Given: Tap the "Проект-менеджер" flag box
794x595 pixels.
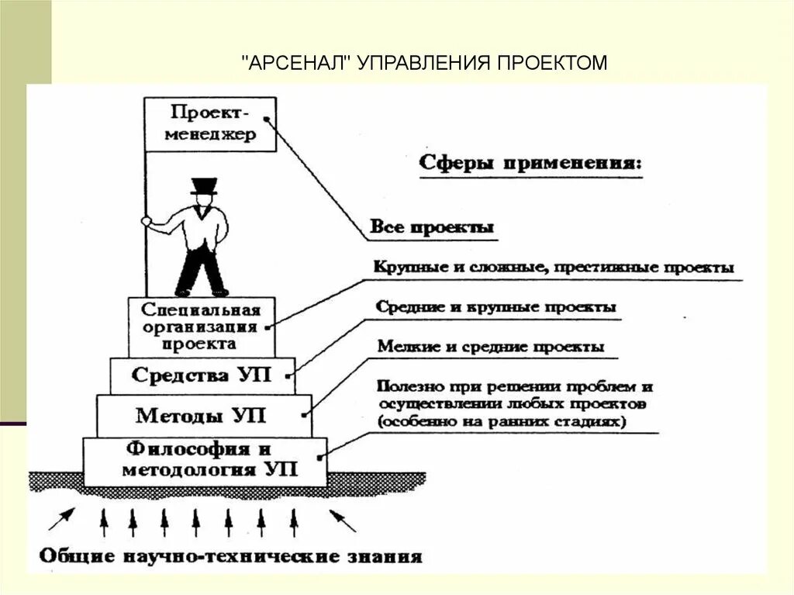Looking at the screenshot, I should [x=209, y=124].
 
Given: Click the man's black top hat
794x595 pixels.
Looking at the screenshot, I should [x=204, y=186].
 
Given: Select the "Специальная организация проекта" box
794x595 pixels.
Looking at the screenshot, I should [x=201, y=326].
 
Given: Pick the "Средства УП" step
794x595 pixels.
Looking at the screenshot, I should [x=202, y=375].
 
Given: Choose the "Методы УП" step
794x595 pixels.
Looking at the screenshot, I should [x=202, y=416].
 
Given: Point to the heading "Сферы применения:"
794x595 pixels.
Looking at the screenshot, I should [x=530, y=164].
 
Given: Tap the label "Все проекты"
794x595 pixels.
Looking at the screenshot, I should [x=432, y=228].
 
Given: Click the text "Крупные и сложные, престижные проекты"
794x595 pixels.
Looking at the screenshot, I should [x=554, y=268].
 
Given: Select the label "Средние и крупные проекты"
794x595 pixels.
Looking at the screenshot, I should [x=496, y=307].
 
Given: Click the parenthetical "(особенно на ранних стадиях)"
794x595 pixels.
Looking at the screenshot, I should [x=502, y=422].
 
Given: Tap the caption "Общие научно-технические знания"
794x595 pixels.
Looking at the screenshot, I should [x=230, y=555].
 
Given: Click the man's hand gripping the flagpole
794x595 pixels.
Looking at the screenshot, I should [x=147, y=221].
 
